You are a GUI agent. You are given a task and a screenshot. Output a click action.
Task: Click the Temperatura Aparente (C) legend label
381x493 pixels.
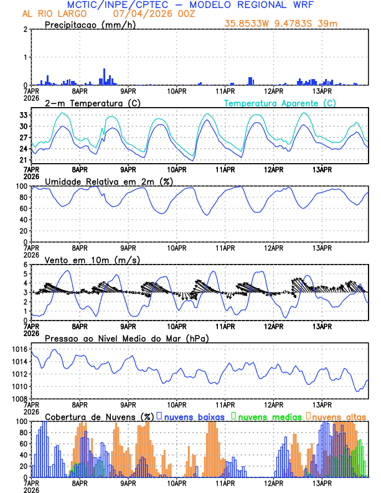280,103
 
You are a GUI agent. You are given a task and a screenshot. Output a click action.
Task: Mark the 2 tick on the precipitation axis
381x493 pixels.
25,29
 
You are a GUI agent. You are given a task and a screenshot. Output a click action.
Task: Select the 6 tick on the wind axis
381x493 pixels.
25,265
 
